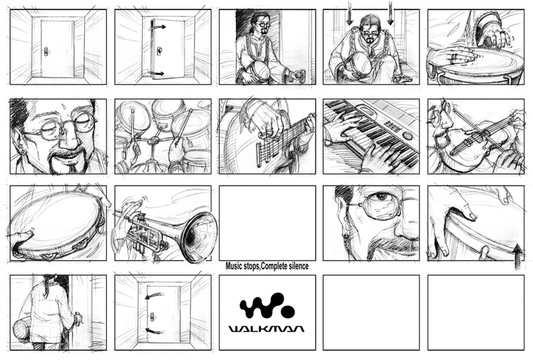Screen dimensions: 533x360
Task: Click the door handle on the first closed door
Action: click(46, 51)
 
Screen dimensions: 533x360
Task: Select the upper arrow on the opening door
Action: click(159, 26)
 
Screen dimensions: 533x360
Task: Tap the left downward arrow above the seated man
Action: click(349, 13)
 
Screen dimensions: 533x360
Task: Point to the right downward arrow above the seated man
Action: click(390, 13)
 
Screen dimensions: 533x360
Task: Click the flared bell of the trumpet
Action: click(199, 237)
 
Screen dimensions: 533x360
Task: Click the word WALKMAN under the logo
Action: click(266, 329)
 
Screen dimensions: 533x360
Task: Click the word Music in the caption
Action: click(234, 266)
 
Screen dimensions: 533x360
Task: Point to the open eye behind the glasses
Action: click(382, 197)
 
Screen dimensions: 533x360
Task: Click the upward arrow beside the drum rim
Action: click(517, 255)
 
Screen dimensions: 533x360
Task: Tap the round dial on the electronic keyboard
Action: click(408, 136)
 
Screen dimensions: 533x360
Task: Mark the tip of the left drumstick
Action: click(132, 111)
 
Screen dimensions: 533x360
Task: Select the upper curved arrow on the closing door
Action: click(155, 292)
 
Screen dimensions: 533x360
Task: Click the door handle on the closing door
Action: click(152, 316)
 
